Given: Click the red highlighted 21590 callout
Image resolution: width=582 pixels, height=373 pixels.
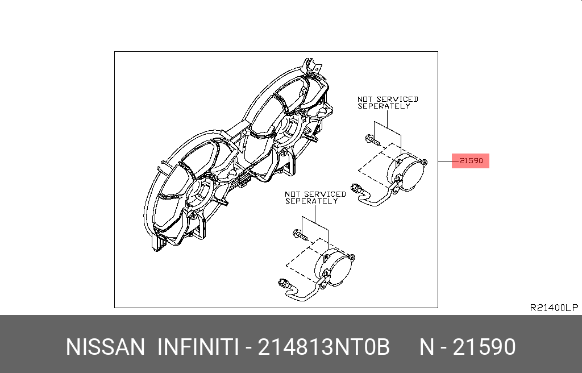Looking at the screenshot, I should point(471,161).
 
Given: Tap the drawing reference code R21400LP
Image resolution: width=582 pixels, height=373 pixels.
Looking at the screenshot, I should point(554,308).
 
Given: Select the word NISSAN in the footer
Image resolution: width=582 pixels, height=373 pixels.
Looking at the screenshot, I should point(105,347).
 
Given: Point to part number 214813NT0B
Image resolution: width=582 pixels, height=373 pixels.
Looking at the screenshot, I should point(323,347).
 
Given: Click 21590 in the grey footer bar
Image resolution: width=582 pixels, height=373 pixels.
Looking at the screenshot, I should point(484,347).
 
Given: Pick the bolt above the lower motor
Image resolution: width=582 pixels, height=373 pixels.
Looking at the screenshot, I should point(300,233).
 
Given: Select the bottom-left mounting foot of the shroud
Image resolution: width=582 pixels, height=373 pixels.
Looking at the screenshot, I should point(157,243).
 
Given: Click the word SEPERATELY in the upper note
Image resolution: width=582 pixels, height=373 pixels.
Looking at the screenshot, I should point(384,106).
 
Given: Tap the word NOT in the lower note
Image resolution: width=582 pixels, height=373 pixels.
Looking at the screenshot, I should point(293,194).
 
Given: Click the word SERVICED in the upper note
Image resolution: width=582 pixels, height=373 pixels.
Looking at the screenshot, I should point(397,99).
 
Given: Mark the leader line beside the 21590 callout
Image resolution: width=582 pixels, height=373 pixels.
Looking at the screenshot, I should point(445,161).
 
